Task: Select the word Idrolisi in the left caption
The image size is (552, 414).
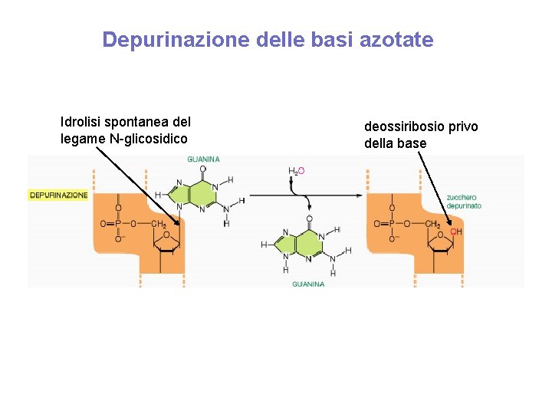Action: point(80,122)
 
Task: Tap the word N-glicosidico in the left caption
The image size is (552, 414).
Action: point(149,139)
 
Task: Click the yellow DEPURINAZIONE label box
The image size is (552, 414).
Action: point(59,195)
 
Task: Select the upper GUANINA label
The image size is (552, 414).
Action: point(204,159)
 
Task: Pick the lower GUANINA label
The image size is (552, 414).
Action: point(308,284)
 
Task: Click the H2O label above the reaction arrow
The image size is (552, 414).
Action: point(295,171)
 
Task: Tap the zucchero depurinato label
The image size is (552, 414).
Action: point(463,202)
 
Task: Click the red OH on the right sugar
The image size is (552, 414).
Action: point(455,231)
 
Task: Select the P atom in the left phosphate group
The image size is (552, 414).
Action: point(118,224)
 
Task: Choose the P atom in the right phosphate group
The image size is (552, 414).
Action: point(391,224)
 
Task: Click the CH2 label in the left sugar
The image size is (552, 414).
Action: point(159,224)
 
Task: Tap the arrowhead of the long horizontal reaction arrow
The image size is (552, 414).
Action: point(358,195)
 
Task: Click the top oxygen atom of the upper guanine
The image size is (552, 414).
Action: point(203,169)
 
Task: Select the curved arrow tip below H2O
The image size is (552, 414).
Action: point(308,209)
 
